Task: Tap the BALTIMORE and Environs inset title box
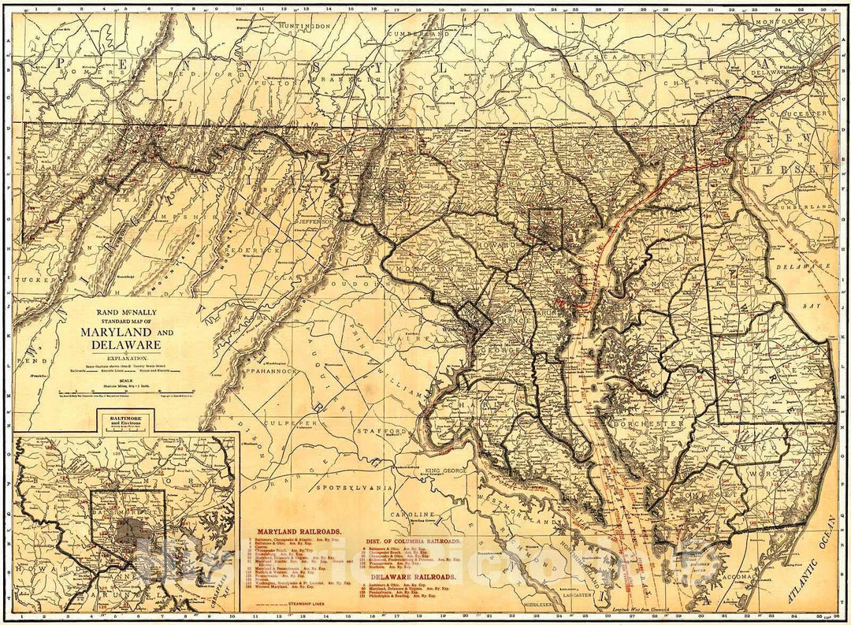point(125,422)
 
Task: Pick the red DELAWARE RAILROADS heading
point(412,576)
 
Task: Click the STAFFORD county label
point(381,432)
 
